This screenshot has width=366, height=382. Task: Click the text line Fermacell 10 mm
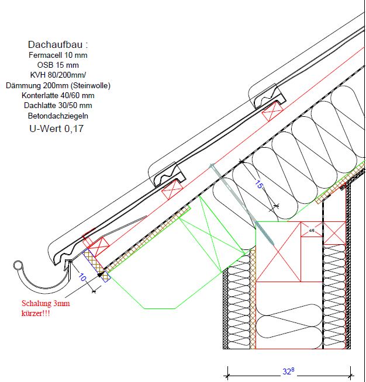(58, 55)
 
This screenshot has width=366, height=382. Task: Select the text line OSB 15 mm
(58, 65)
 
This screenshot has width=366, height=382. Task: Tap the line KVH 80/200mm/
(58, 75)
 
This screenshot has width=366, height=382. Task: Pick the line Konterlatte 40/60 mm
(58, 95)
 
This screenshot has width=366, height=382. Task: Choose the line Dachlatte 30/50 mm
(58, 106)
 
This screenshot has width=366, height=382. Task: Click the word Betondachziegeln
(58, 116)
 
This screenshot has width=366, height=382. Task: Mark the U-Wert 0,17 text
(56, 129)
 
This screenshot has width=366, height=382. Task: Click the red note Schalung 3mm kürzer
(46, 308)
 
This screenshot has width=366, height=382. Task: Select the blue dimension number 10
(82, 277)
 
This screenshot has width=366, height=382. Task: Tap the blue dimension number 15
(259, 184)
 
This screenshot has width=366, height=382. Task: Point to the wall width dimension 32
(288, 371)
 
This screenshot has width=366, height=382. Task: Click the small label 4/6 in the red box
(312, 230)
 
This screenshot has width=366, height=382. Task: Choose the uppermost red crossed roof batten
(272, 112)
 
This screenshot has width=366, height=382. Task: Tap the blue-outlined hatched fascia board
(96, 266)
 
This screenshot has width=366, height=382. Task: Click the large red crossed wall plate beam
(278, 252)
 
